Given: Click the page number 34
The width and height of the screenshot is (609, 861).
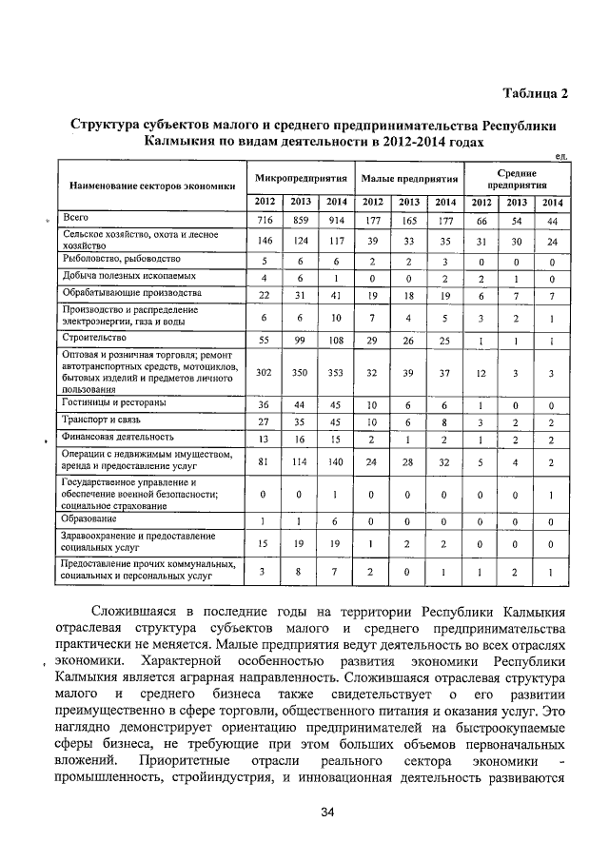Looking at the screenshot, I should pos(327,812).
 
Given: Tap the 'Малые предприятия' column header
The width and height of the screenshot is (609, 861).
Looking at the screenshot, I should pos(408,178).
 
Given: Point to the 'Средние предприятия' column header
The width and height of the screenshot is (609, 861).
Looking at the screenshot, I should pos(517,179).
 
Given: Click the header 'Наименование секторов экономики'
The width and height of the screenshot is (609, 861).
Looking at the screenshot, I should pos(148,186).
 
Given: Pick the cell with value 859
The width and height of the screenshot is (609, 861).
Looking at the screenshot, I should pos(301,220).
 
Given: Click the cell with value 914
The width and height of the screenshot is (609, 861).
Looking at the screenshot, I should pos(336,220).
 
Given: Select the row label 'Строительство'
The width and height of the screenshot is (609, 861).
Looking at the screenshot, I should pos(88,337).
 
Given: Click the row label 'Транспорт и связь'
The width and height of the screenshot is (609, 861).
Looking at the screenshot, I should pos(97,421).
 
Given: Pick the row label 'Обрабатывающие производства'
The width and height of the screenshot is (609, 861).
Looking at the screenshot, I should pos(117,293).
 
